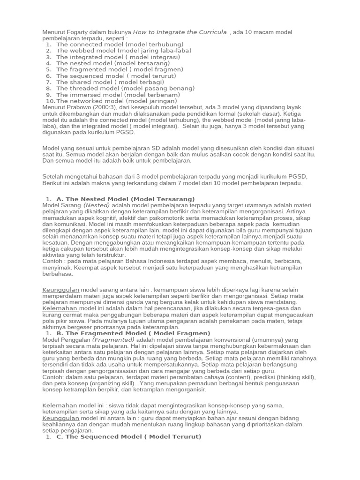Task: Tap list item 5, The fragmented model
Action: [x=120, y=69]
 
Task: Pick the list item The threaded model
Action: [x=125, y=88]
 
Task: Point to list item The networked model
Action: [x=117, y=101]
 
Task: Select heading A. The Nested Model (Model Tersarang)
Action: [x=125, y=199]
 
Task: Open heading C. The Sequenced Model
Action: [x=128, y=436]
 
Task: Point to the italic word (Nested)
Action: [x=97, y=205]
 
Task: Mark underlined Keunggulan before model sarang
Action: [x=61, y=290]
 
